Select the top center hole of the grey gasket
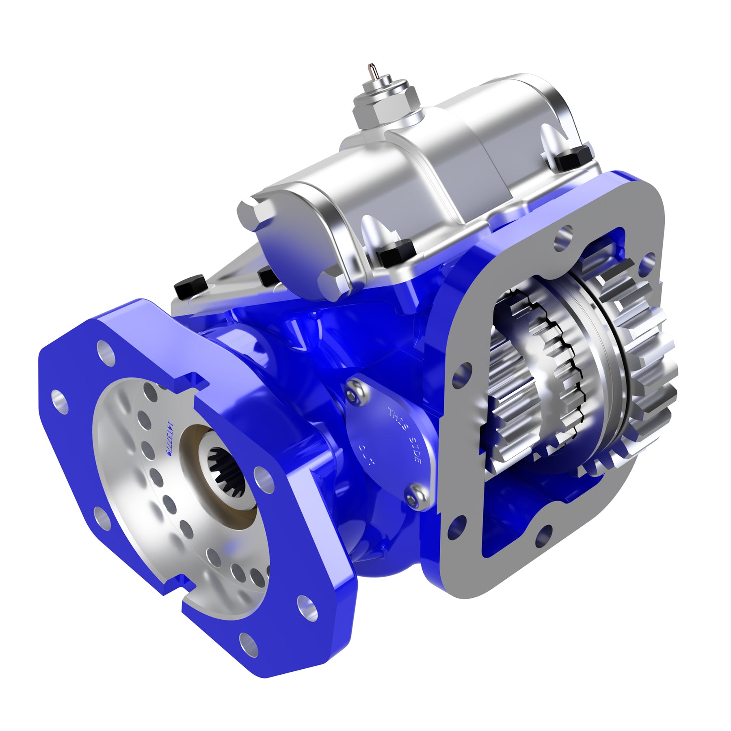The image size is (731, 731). point(564,234)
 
